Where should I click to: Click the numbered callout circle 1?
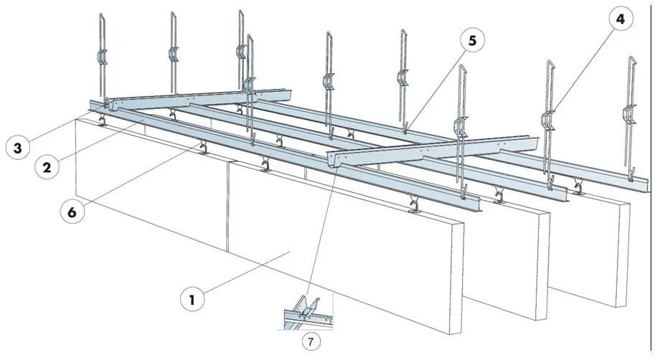[192, 300]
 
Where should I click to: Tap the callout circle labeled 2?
[47, 167]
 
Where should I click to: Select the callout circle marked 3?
[18, 148]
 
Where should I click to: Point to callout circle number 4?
[621, 19]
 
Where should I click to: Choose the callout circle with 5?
[472, 40]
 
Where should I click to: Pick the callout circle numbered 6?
[72, 212]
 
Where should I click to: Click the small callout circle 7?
[311, 341]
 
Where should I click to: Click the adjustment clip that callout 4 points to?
[547, 120]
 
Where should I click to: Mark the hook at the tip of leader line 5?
[405, 128]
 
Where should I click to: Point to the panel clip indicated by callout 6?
[203, 147]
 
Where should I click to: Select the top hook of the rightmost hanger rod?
[631, 60]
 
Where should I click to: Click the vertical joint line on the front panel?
[228, 207]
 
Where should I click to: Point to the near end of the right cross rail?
[334, 160]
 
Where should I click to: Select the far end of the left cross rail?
[288, 95]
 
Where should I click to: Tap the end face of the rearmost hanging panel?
[625, 255]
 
